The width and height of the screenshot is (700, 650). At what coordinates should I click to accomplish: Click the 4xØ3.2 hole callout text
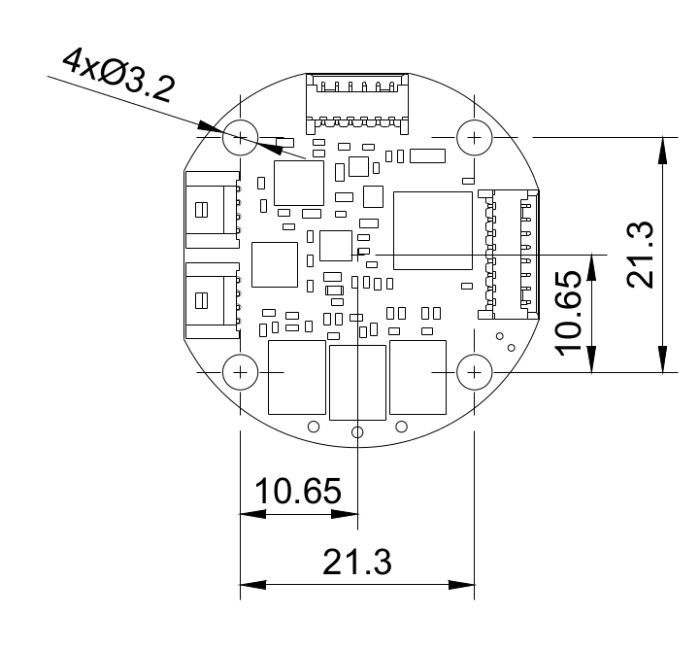117,77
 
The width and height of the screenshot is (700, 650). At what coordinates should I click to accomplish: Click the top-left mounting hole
240,137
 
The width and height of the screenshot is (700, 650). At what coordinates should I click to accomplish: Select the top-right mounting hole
474,137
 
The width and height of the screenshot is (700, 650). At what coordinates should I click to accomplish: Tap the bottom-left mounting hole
240,371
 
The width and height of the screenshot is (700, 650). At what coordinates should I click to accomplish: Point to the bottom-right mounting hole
474,371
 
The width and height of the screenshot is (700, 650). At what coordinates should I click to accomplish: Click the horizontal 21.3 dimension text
356,561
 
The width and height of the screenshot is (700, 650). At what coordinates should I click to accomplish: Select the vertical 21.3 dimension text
642,254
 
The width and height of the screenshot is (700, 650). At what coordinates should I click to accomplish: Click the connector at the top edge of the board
357,101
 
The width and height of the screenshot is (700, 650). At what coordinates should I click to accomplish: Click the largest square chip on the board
432,231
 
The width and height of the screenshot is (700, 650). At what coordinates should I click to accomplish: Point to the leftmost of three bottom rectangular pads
295,377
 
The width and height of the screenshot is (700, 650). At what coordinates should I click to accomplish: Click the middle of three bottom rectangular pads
357,381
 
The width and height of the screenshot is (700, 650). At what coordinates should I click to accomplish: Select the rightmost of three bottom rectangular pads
417,377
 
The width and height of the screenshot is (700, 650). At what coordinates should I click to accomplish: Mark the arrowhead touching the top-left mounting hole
211,127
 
